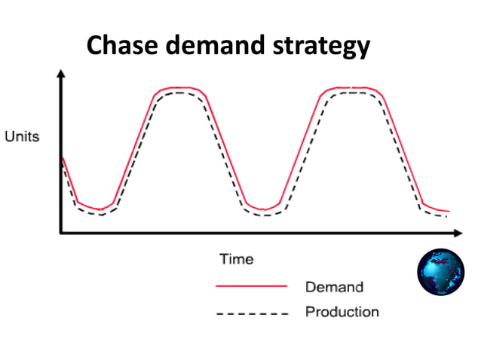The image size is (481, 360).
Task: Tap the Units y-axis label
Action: tap(22, 138)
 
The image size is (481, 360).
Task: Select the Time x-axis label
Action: tap(237, 260)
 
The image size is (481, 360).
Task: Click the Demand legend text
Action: tap(334, 287)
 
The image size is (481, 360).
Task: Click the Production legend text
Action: tap(342, 311)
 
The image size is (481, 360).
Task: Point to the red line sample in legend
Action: tap(252, 286)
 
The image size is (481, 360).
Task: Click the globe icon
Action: tap(440, 271)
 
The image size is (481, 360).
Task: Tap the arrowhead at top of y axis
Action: tap(60, 73)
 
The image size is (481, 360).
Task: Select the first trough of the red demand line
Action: tap(100, 209)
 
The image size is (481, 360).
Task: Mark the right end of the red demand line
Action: tap(449, 212)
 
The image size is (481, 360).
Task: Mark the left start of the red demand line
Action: tap(63, 157)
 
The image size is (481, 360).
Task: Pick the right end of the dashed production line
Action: tap(446, 217)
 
